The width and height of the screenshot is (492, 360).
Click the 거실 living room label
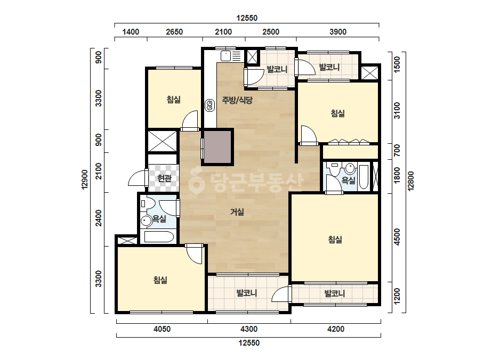(x=237, y=212)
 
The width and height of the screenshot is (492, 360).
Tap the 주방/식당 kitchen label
(x=237, y=100)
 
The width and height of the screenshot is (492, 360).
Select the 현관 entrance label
(x=164, y=178)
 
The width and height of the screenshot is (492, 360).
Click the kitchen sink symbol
(x=225, y=56)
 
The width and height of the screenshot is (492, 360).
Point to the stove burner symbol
(x=209, y=105)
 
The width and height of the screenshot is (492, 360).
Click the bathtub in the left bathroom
(x=159, y=237)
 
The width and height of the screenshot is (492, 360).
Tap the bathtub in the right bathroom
(x=364, y=177)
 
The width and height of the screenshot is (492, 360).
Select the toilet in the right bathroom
(x=334, y=170)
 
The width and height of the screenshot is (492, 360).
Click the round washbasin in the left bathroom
(x=146, y=221)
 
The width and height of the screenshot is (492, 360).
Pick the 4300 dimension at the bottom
(x=249, y=329)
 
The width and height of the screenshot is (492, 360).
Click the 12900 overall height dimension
(x=85, y=179)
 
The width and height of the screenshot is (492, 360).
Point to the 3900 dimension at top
(x=338, y=31)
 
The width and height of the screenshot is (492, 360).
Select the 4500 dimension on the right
(x=397, y=237)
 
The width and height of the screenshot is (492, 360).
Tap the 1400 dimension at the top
(x=131, y=31)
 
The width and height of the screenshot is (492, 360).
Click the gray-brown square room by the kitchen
(x=218, y=147)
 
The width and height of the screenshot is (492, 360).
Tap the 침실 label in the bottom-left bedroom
(x=160, y=280)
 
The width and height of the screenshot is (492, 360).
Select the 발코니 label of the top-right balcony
(x=329, y=67)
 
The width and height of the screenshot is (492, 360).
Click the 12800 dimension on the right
(x=411, y=181)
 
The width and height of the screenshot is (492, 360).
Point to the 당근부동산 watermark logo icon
(x=196, y=181)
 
